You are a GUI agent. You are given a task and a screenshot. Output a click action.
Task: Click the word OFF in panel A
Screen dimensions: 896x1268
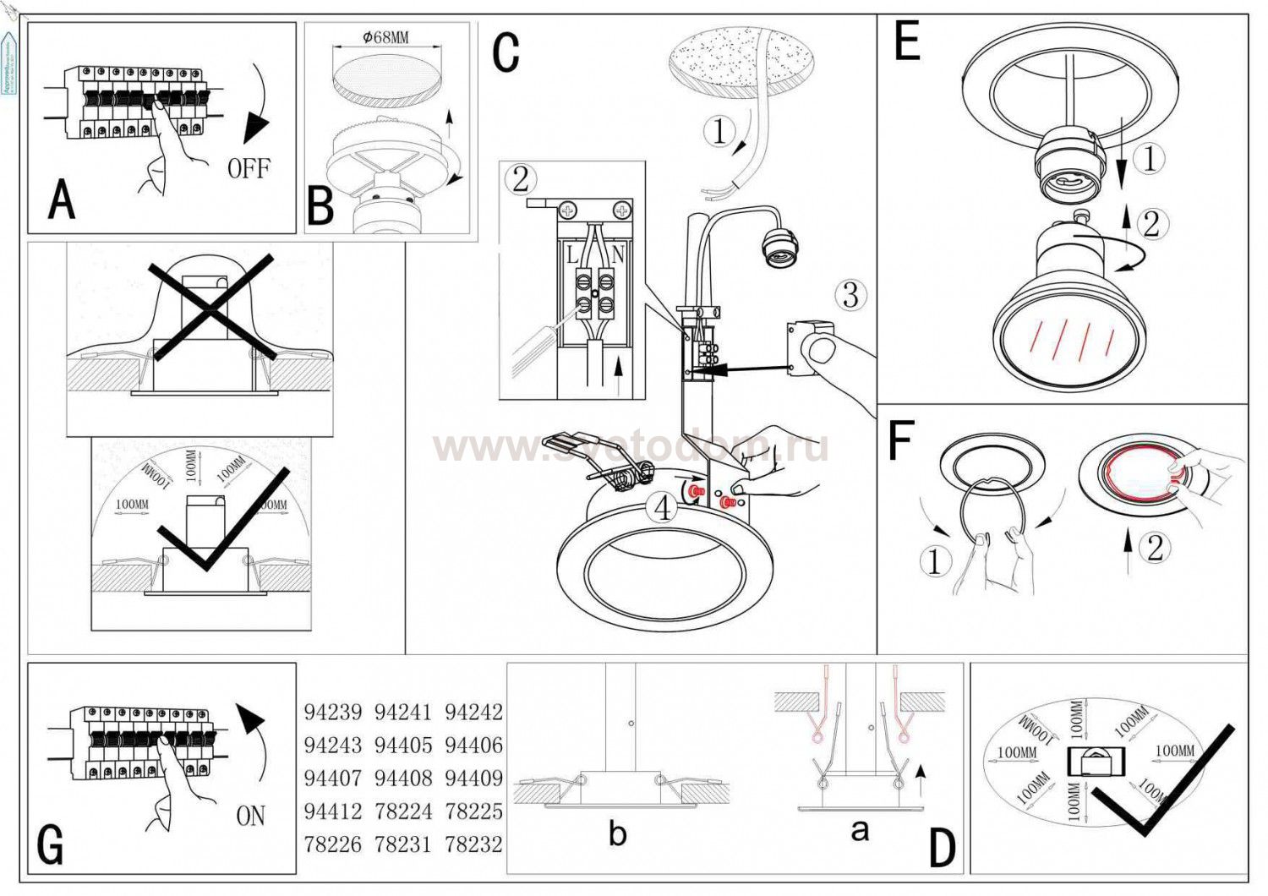point(249,168)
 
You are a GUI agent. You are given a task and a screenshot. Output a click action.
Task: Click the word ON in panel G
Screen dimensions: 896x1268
point(251,816)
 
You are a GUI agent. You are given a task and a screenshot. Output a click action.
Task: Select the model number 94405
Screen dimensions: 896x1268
point(403,746)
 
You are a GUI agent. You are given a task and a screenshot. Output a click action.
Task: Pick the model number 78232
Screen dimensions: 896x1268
point(473,844)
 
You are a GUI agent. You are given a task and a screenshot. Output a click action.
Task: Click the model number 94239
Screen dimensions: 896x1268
point(332,712)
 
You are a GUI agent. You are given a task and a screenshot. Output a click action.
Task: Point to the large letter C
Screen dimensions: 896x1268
point(506,52)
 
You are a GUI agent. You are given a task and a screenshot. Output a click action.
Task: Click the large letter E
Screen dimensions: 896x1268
point(906,42)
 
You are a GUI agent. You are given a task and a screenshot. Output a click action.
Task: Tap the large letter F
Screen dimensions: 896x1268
point(901,440)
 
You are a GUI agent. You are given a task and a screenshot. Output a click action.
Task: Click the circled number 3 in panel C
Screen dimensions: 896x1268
point(850,295)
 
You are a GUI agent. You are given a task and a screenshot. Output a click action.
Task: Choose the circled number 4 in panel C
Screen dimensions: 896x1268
point(663,508)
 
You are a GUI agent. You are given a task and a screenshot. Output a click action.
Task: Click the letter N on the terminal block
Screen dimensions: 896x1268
point(618,254)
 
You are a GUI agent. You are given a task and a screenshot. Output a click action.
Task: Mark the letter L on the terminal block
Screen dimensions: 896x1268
point(572,254)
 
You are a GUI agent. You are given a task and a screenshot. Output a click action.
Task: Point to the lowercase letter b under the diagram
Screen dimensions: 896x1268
point(618,833)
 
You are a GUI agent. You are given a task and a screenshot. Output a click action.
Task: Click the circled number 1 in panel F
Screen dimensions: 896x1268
point(934,561)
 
